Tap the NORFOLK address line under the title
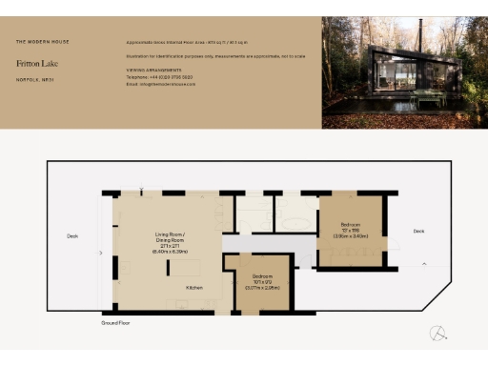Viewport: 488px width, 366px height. (x=34, y=79)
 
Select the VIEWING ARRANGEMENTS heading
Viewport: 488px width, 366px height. (x=152, y=70)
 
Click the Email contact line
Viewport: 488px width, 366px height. (x=160, y=84)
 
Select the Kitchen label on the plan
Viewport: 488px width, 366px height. (x=194, y=286)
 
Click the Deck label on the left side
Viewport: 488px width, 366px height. (x=71, y=235)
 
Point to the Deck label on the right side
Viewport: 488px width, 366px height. (x=418, y=231)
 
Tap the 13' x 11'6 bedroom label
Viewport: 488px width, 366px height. (x=352, y=231)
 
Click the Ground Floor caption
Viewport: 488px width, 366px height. (x=115, y=324)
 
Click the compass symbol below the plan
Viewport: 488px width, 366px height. (x=437, y=333)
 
